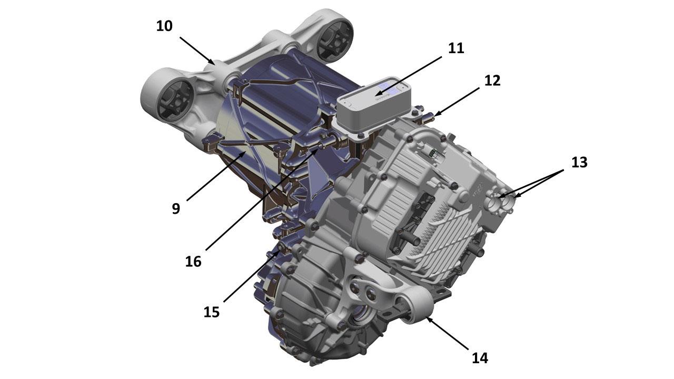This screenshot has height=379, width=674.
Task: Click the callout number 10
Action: [164, 26]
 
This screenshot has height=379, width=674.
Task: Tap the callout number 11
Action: [456, 48]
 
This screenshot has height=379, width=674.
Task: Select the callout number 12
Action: [492, 81]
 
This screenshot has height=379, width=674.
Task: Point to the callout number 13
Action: [579, 163]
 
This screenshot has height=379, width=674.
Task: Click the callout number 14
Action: [480, 358]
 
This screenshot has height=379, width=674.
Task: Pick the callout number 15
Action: [212, 312]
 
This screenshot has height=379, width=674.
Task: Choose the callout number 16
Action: [193, 262]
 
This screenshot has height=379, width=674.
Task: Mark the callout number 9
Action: [176, 208]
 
